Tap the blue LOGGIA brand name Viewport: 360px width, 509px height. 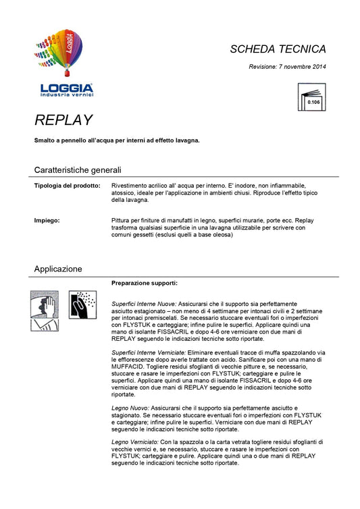tap(66, 87)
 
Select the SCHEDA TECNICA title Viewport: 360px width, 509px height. tap(278, 49)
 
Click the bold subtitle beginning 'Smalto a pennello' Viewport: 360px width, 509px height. tap(117, 140)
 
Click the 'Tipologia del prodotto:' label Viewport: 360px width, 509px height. tap(68, 185)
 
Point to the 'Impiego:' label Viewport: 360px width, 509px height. tap(47, 221)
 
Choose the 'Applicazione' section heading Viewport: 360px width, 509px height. tap(58, 269)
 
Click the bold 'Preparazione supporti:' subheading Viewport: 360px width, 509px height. tap(144, 283)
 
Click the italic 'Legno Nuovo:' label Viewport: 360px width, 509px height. tap(130, 409)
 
